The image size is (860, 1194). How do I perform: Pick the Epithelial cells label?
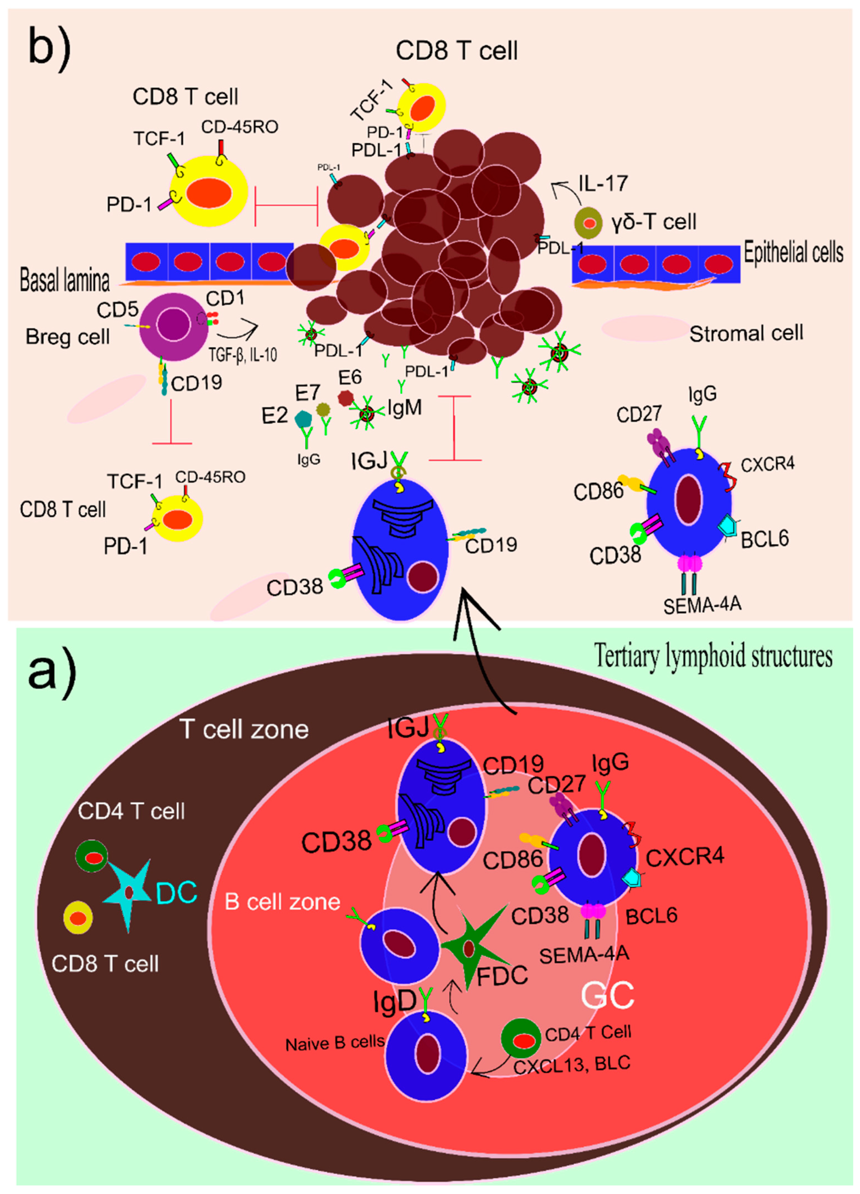coord(793,253)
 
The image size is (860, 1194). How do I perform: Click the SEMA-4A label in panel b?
coord(702,604)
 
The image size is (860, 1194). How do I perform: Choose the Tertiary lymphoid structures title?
coord(713,656)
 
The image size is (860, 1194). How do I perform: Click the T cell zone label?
coord(244,729)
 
